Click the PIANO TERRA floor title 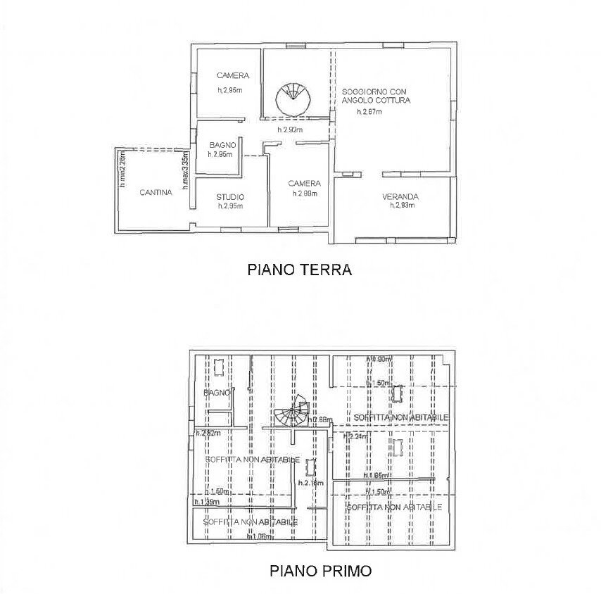[x=298, y=269]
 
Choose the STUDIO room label [x=231, y=197]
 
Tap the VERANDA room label [x=401, y=196]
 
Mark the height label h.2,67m [x=369, y=111]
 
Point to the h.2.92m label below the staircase [x=289, y=129]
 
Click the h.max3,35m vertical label [x=186, y=172]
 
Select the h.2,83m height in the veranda [x=402, y=206]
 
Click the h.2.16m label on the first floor [x=310, y=483]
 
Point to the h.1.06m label [x=260, y=536]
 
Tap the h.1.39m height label [x=207, y=502]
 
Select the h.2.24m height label [x=355, y=436]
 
